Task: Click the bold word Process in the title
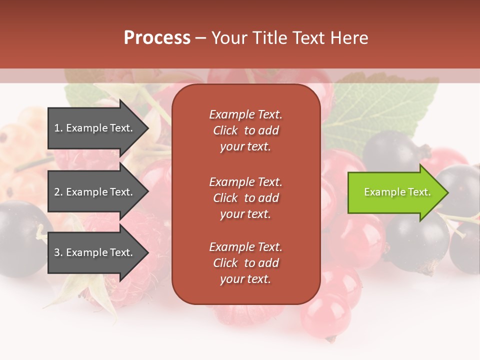[x=157, y=38]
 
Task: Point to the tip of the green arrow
[x=447, y=192]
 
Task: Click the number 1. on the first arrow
[x=58, y=128]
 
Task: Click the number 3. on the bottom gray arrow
[x=58, y=252]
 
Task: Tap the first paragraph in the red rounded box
[x=245, y=130]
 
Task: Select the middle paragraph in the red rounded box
[x=245, y=198]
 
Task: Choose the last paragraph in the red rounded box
[x=245, y=263]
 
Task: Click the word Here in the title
[x=350, y=38]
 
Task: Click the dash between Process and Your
[x=200, y=38]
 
